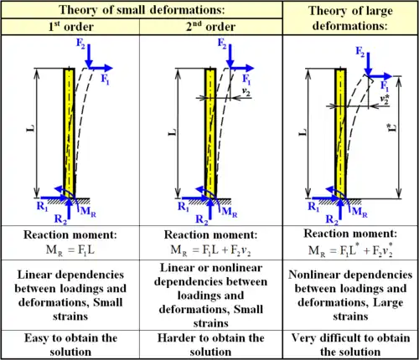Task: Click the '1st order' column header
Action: click(71, 27)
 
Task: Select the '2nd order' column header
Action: click(211, 27)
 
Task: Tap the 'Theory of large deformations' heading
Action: click(350, 18)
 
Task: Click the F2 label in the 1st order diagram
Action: click(80, 44)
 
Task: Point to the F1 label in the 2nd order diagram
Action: click(246, 80)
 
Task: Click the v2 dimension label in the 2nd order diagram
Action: click(246, 91)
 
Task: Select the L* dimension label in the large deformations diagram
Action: click(391, 128)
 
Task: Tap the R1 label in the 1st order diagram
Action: click(43, 206)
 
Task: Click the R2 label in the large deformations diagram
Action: click(332, 219)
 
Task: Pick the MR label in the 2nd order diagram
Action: click(230, 212)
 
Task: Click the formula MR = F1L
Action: click(70, 250)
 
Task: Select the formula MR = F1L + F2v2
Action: click(210, 250)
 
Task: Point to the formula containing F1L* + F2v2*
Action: click(350, 250)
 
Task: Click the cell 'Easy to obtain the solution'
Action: click(70, 345)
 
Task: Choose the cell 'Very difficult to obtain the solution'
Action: click(350, 345)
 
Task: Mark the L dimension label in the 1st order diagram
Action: click(31, 128)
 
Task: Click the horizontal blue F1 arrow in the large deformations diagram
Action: click(380, 76)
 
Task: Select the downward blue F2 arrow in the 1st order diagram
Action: click(89, 55)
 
